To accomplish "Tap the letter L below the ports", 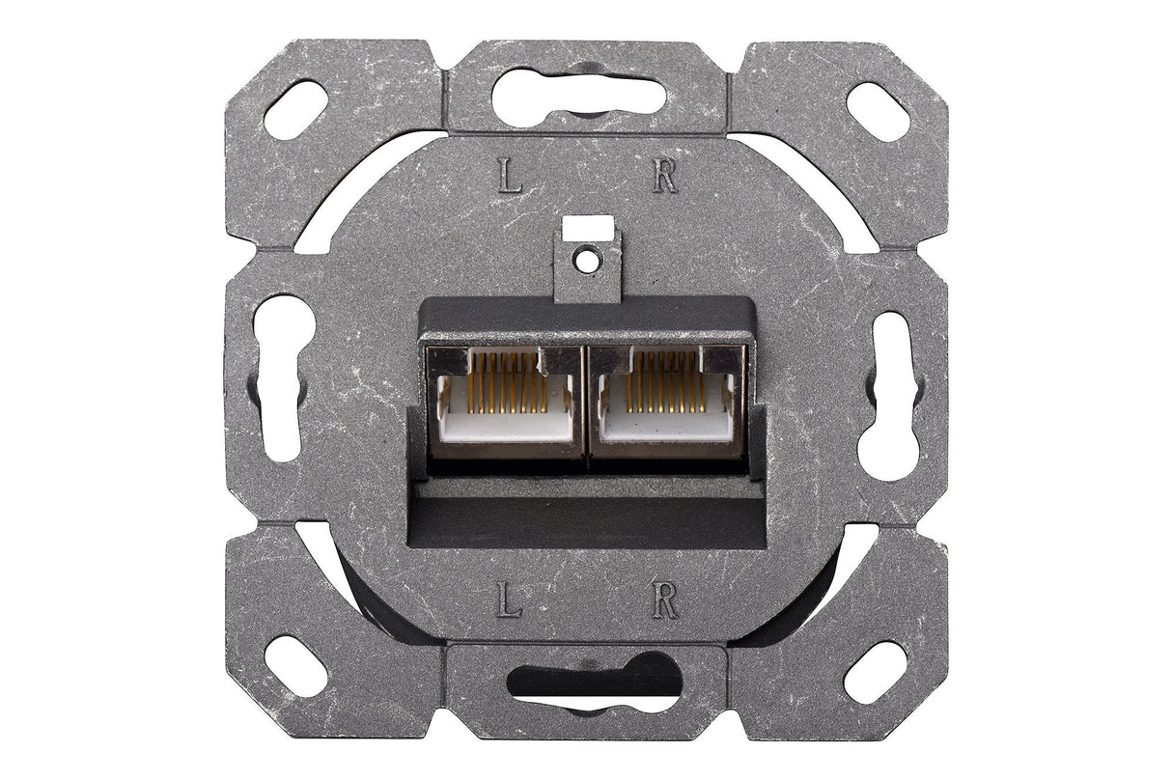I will pos(509,601).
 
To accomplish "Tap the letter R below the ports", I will pos(664,601).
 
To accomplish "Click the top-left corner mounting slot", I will pos(294,108).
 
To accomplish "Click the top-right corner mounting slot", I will pos(878,111).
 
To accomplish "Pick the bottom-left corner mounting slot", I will pos(294,667).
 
